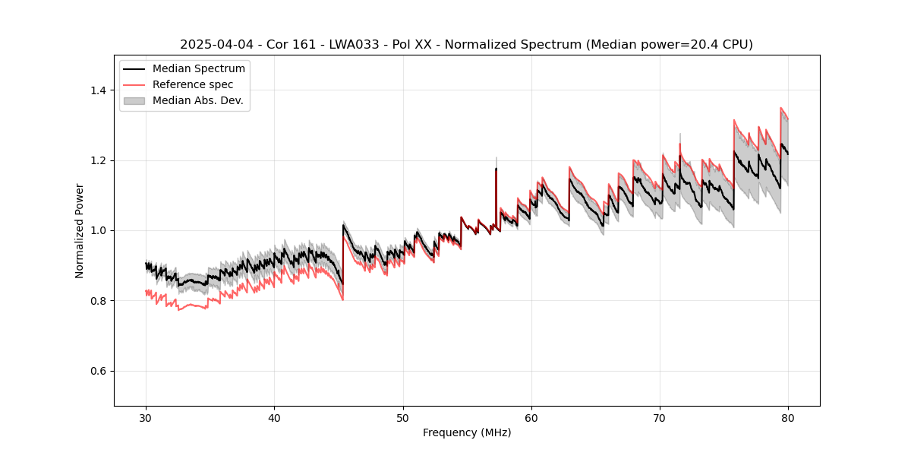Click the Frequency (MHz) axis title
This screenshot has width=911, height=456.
(x=467, y=432)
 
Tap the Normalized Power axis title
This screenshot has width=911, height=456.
(x=80, y=230)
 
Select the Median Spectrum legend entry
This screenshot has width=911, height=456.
(x=198, y=69)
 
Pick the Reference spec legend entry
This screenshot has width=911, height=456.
(x=193, y=84)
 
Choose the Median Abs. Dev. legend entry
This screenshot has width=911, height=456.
(x=197, y=100)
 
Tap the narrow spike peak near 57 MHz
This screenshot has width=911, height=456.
(x=496, y=168)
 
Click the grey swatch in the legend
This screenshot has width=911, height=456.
(x=136, y=100)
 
